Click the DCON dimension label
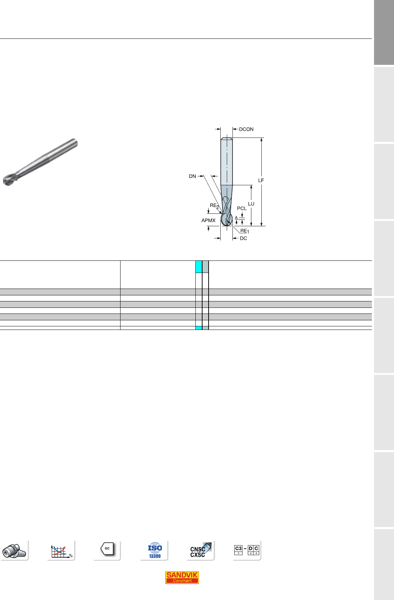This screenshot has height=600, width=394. tap(246, 129)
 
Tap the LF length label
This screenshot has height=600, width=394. tap(261, 181)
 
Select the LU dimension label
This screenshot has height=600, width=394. tap(251, 204)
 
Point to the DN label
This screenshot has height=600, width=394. tap(193, 176)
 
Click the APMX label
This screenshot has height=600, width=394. tap(208, 221)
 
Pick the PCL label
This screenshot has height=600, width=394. tap(242, 208)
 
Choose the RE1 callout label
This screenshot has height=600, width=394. tap(245, 231)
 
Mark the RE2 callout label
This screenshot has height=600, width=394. tap(214, 206)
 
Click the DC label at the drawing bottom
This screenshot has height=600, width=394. tap(244, 238)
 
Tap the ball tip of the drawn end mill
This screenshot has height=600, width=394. tap(226, 219)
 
